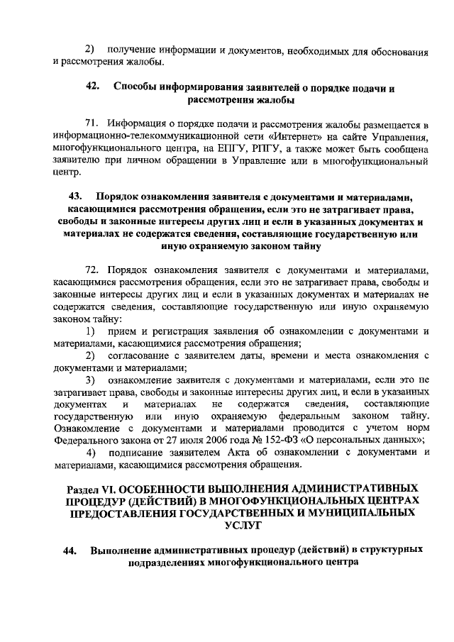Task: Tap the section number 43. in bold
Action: tap(74, 196)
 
